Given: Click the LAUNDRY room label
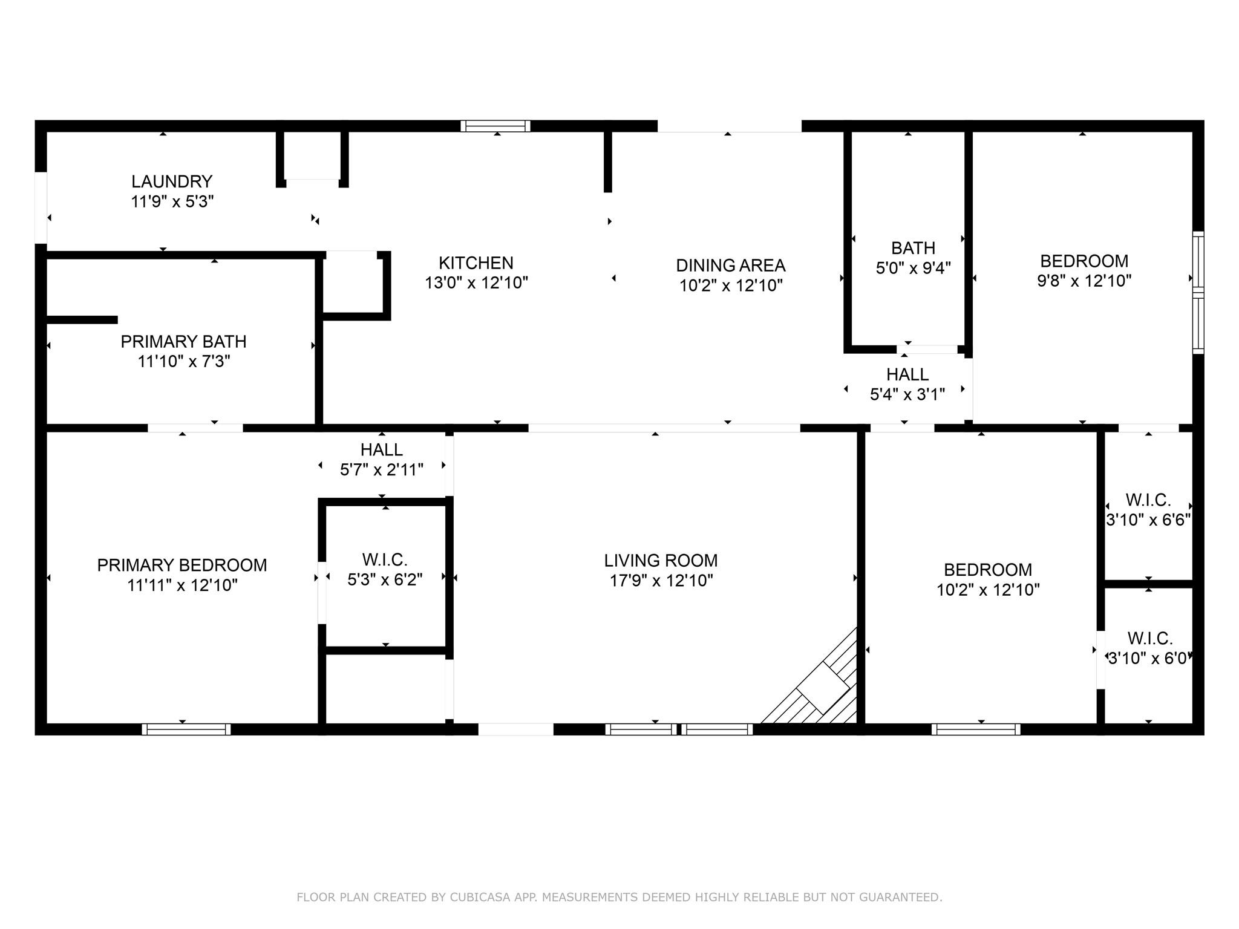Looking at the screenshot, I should coord(172,181).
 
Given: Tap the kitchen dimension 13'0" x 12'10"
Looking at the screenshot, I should coord(476,283).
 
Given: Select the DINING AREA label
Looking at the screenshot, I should coord(730,266).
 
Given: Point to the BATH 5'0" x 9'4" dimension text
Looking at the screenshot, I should coord(913,268).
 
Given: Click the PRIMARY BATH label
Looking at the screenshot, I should coord(183,342).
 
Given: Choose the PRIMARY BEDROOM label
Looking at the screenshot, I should coord(182,566).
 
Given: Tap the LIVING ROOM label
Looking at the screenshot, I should coord(661,561).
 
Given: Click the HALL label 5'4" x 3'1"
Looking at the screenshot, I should coord(907,374).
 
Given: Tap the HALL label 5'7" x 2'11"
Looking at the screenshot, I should coord(381,450).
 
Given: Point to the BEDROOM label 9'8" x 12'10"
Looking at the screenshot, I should coord(1084,261).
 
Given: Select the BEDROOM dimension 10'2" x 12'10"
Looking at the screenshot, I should coord(988,590).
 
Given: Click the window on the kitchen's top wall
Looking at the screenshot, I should coord(495,126).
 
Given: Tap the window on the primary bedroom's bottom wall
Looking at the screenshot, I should coord(186,729).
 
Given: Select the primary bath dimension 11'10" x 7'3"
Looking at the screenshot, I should coord(183,362).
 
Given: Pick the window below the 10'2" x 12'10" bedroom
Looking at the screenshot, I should coord(975,729).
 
